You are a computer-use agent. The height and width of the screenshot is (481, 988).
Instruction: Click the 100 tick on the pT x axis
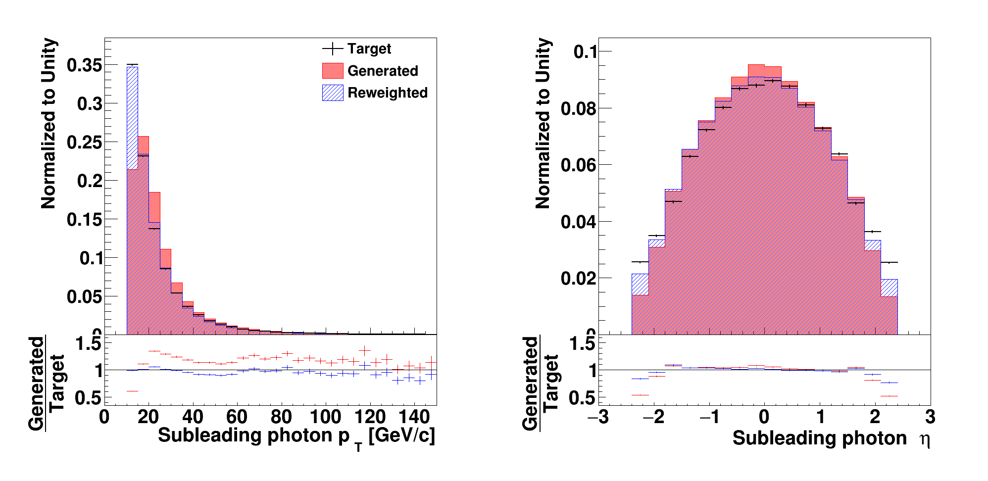pos(325,417)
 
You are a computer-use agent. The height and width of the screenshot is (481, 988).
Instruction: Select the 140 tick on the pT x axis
pos(414,417)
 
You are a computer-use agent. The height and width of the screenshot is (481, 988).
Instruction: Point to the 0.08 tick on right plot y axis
pos(578,108)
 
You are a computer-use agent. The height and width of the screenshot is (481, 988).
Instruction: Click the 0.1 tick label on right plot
pos(585,51)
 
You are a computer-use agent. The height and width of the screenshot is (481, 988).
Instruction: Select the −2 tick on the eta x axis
pos(653,417)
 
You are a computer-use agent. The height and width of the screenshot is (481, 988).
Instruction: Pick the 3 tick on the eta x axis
pos(930,417)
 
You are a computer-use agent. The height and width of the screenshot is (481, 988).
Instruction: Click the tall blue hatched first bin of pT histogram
pos(132,119)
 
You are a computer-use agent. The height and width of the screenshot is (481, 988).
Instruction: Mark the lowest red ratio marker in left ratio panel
pos(132,391)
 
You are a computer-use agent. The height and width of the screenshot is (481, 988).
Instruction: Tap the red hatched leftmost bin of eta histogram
pos(640,285)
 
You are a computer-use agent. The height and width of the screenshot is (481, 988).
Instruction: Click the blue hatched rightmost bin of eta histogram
pos(889,288)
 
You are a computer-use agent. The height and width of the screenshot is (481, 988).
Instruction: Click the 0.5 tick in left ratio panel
pos(88,398)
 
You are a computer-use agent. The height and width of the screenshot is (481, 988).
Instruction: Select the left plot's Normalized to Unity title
pos(49,124)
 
